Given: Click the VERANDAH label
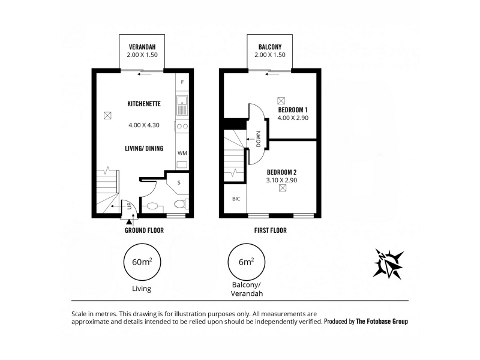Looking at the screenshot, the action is pyautogui.click(x=142, y=47).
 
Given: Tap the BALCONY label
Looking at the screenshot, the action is pyautogui.click(x=269, y=47).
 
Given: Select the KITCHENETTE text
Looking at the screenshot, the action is pyautogui.click(x=144, y=104).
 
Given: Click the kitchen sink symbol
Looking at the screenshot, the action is pyautogui.click(x=182, y=106).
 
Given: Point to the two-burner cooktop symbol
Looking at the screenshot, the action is pyautogui.click(x=182, y=126).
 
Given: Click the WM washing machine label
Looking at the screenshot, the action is pyautogui.click(x=182, y=153).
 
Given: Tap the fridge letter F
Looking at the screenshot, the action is pyautogui.click(x=182, y=82).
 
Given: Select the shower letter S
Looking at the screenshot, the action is pyautogui.click(x=179, y=183).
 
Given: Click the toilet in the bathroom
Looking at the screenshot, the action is pyautogui.click(x=181, y=204).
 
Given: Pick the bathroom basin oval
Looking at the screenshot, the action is pyautogui.click(x=152, y=206).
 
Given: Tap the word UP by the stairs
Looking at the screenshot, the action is pyautogui.click(x=129, y=206).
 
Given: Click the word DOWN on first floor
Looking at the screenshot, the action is pyautogui.click(x=259, y=139).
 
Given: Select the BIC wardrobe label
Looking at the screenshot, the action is pyautogui.click(x=236, y=199).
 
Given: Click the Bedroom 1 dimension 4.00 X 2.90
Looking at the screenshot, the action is pyautogui.click(x=293, y=118).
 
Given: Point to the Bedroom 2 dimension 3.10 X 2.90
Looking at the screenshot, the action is pyautogui.click(x=281, y=181).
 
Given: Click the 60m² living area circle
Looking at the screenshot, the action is pyautogui.click(x=142, y=262).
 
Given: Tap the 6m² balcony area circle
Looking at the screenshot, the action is pyautogui.click(x=247, y=262).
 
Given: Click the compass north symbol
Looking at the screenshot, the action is pyautogui.click(x=388, y=264).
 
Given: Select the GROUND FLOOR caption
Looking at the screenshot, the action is pyautogui.click(x=144, y=230).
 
